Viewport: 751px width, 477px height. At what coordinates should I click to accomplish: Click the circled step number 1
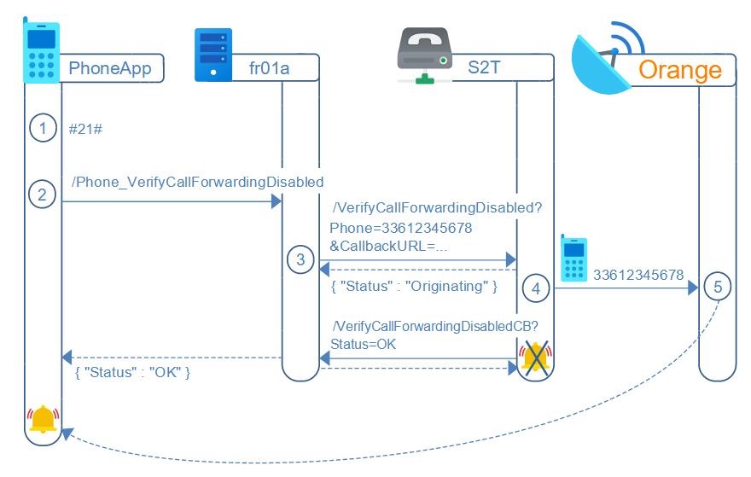(41, 129)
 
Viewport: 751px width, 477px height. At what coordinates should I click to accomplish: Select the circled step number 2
(41, 194)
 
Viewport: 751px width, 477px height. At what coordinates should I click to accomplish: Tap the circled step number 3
(300, 259)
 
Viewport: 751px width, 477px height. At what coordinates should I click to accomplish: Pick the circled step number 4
(536, 288)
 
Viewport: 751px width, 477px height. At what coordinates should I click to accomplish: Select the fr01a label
(270, 67)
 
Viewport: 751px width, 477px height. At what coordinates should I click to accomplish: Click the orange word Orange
(679, 69)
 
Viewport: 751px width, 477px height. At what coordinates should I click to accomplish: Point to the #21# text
(85, 130)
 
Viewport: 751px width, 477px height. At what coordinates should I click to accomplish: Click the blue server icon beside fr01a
(213, 55)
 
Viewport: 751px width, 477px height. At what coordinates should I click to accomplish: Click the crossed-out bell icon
(535, 358)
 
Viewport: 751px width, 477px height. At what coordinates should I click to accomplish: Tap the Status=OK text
(363, 344)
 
